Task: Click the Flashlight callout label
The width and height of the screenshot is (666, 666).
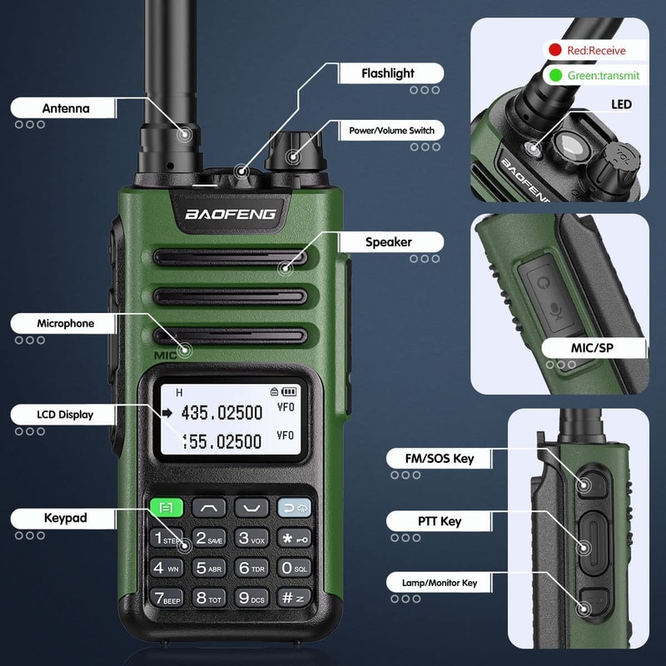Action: [x=388, y=73]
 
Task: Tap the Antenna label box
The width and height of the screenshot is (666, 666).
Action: [x=65, y=108]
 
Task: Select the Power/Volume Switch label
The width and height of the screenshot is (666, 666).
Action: [x=390, y=131]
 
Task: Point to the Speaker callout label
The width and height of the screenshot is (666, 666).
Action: [x=389, y=242]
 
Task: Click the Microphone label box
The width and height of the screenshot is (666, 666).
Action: [x=65, y=323]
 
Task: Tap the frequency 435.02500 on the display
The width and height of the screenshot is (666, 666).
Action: [x=221, y=412]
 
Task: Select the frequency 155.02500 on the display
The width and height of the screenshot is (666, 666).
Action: [x=221, y=441]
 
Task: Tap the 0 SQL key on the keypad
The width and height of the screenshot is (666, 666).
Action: [x=294, y=568]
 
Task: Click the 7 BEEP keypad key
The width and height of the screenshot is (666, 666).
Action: [x=166, y=598]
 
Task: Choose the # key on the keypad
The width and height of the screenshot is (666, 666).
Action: [x=294, y=598]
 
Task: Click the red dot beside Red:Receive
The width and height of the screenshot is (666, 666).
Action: [x=554, y=51]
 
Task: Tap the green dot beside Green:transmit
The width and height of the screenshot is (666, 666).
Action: [x=554, y=75]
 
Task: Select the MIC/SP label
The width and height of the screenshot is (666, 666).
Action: [x=594, y=348]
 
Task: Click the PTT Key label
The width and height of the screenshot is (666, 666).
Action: [x=439, y=521]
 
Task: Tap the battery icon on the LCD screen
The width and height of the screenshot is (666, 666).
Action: [x=289, y=390]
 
